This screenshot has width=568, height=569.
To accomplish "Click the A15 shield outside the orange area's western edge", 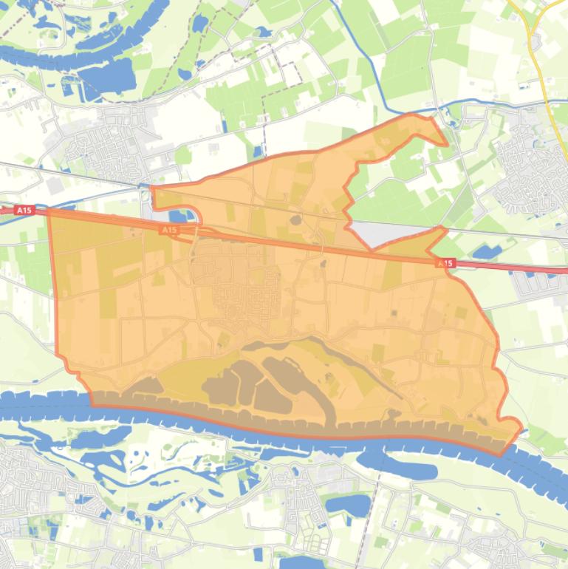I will click(x=24, y=211).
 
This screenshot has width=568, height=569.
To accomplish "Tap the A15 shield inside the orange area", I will click(x=169, y=231).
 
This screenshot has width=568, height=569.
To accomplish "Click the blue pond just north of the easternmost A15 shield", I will click(x=485, y=253).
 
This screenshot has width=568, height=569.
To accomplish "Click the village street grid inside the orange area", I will click(x=236, y=296).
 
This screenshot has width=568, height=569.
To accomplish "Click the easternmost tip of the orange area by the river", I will click(x=521, y=428).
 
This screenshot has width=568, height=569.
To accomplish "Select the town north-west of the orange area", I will click(x=111, y=140).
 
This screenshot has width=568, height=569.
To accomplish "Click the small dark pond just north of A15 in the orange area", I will click(x=295, y=219).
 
